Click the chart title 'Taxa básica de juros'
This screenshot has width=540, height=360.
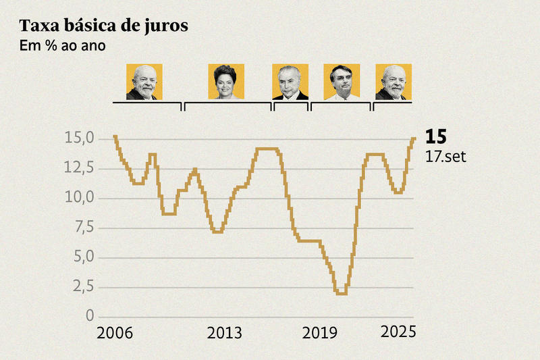point(103,26)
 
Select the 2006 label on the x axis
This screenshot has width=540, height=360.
point(115,334)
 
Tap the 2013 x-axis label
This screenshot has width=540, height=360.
point(225,334)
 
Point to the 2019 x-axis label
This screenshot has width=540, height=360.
point(321,334)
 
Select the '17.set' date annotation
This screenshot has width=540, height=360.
point(446,157)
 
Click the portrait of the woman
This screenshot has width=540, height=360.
point(226,82)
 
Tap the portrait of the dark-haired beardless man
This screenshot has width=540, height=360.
point(342,82)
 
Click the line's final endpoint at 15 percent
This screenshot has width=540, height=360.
point(414,138)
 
